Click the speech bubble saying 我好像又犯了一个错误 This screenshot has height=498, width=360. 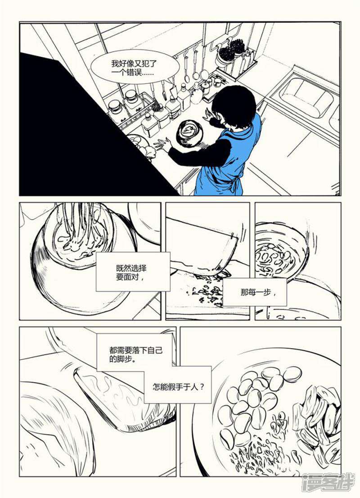coord(135,67)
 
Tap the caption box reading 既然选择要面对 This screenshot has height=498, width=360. coord(133,272)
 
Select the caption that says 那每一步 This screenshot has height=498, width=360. coord(255,292)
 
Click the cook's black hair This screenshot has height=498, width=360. coord(234,107)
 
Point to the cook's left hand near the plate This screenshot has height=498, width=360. coord(162,145)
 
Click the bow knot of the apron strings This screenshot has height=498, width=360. coord(236,186)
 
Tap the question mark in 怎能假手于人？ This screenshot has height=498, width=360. coord(202,387)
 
